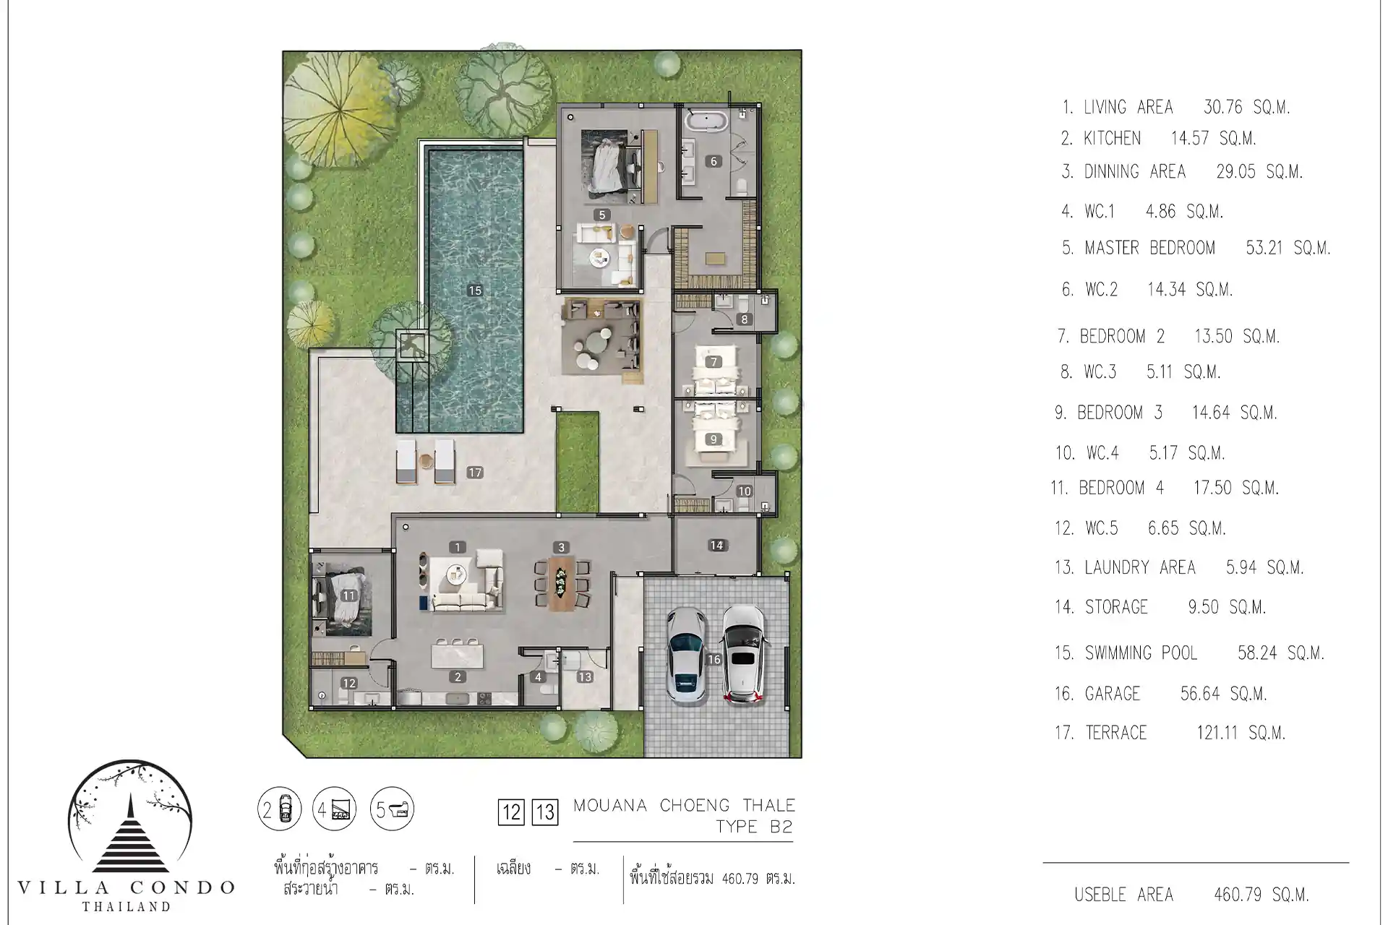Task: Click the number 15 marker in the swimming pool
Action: (474, 291)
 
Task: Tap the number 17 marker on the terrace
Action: (474, 473)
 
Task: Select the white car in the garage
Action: (742, 654)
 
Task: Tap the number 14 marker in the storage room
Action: (716, 546)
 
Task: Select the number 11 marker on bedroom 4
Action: (349, 596)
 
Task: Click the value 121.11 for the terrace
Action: (1217, 733)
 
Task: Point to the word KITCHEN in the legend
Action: (1112, 138)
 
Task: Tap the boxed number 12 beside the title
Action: (511, 812)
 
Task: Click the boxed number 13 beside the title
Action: (544, 812)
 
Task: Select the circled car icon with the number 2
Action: (279, 809)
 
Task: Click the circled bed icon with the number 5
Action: (392, 809)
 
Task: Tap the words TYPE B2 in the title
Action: (754, 827)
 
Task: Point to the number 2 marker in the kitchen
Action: (458, 677)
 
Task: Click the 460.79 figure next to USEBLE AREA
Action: (1238, 895)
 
